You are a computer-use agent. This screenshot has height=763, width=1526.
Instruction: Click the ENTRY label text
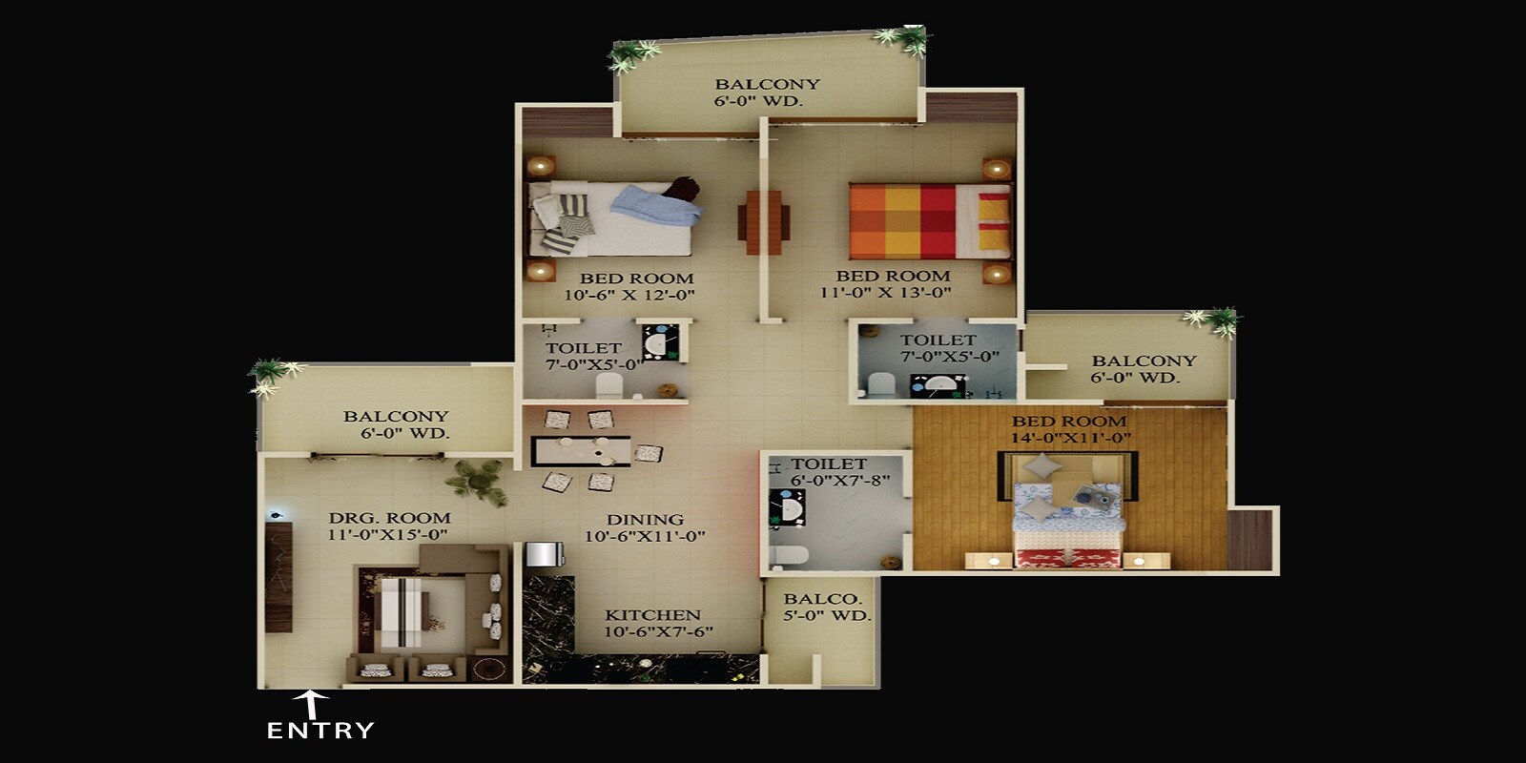tap(320, 732)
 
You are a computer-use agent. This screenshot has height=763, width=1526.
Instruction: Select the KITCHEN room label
tap(652, 615)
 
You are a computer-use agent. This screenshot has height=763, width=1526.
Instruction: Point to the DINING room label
tap(646, 520)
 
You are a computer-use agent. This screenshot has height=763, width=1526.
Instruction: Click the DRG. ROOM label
tap(389, 518)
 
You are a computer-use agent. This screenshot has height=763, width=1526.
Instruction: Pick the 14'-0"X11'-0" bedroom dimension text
tap(1071, 438)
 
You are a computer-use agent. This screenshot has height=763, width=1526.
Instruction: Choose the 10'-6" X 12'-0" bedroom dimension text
tap(629, 295)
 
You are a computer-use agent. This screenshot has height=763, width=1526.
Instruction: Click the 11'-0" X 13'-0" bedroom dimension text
tap(886, 292)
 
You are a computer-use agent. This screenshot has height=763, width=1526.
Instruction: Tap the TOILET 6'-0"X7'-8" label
tap(829, 472)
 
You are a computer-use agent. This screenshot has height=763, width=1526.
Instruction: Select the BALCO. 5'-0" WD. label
tap(826, 608)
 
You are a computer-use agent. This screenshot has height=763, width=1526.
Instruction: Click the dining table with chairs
tap(582, 450)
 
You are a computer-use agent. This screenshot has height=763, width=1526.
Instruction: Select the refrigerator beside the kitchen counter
tap(541, 555)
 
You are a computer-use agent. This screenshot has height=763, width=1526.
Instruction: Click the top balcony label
tap(767, 92)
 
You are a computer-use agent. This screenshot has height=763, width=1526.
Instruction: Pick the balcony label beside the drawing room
tap(396, 424)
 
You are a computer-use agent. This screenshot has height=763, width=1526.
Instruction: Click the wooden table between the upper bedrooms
tap(763, 222)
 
